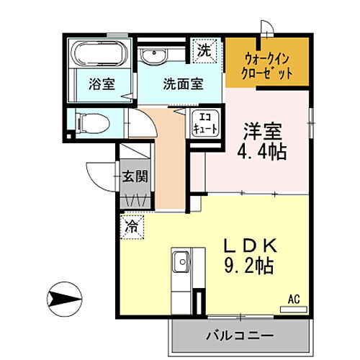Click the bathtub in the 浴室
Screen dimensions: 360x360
(99, 53)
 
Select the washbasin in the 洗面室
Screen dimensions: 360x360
(153, 56)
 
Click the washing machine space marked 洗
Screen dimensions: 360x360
(204, 51)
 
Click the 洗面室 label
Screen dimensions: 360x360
(182, 84)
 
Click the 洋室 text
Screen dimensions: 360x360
(262, 133)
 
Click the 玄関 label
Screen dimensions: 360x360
(134, 177)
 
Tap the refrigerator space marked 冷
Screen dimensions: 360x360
(132, 225)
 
